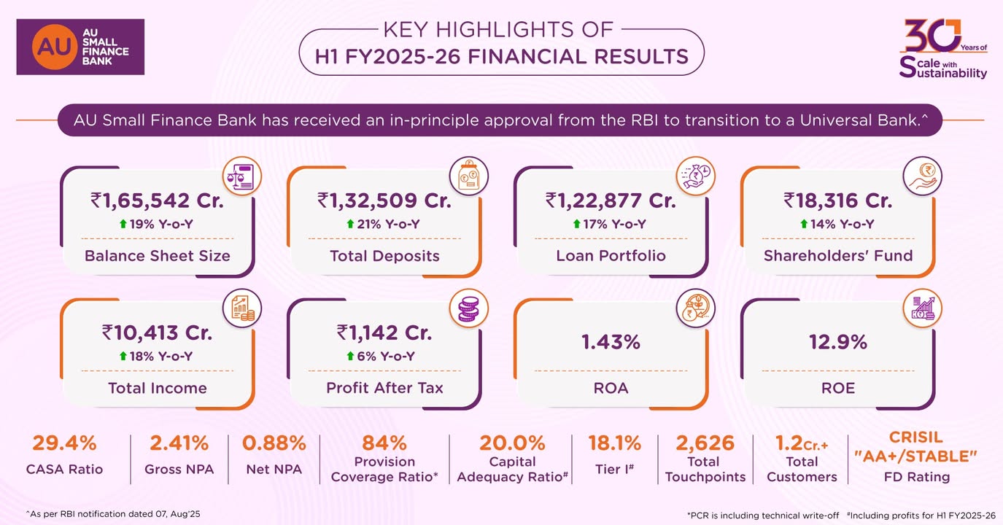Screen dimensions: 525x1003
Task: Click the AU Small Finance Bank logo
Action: pos(80,47)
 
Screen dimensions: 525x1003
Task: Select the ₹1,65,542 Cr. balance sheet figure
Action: pos(157,200)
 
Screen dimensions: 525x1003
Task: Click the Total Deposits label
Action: pos(384,256)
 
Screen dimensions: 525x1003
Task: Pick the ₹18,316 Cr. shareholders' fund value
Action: pos(837,200)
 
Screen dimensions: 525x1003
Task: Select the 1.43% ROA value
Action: pos(611,341)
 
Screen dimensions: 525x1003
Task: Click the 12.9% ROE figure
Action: pos(838,341)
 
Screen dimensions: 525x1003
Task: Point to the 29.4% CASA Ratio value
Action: pos(64,443)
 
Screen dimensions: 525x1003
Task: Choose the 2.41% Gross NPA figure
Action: pos(179,443)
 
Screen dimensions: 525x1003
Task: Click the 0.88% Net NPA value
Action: pos(274,443)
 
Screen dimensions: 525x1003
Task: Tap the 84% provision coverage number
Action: pos(384,443)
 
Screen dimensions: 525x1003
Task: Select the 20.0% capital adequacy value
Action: pos(512,443)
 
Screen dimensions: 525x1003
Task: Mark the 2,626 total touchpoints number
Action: pos(705,443)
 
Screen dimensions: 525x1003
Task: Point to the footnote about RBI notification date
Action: pos(113,514)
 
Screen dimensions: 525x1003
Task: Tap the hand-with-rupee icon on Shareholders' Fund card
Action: pos(923,176)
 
